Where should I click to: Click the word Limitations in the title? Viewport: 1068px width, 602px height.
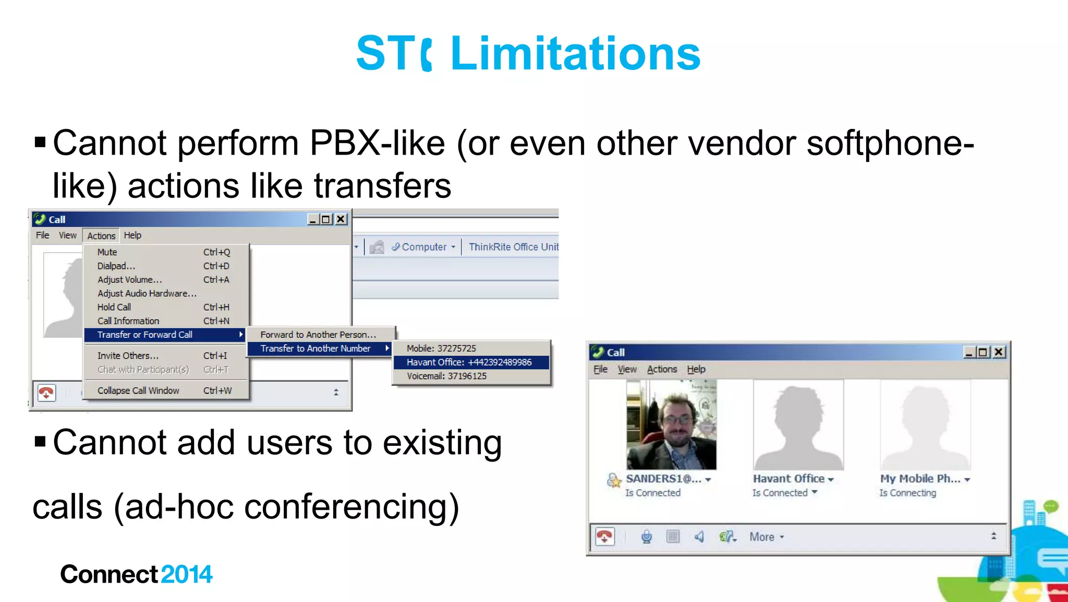575,53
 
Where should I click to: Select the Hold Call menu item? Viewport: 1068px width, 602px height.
114,307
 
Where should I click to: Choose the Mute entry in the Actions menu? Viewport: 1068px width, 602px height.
107,252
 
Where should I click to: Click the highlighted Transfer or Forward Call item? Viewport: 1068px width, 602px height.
145,335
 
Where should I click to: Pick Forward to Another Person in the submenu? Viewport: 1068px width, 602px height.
318,335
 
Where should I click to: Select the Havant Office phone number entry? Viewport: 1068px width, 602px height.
469,362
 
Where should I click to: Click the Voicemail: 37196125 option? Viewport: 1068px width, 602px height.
447,376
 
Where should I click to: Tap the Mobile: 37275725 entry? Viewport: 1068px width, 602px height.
441,348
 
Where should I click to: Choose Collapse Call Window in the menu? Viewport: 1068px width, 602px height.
138,391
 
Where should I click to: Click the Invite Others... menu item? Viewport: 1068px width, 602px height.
128,356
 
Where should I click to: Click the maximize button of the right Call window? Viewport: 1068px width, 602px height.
983,352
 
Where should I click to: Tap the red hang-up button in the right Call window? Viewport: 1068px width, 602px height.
605,536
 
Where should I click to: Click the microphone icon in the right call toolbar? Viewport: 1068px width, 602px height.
647,536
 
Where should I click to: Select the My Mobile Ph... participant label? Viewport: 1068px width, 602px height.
920,479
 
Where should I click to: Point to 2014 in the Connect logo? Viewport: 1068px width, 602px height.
187,574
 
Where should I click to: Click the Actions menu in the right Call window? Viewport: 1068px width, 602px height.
662,369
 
